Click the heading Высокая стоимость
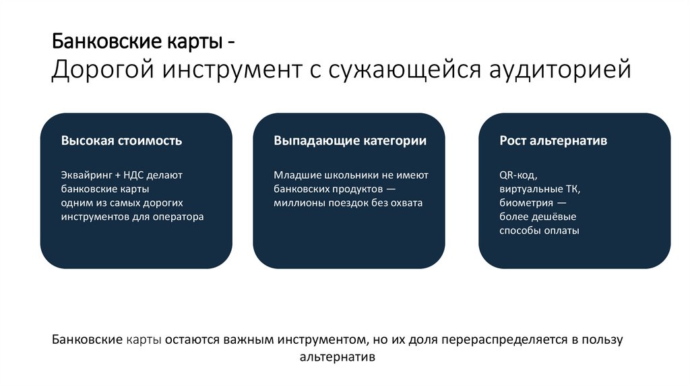click(121, 141)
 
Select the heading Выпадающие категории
click(350, 141)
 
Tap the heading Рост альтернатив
click(553, 141)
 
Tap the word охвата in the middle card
click(405, 203)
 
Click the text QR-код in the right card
click(517, 175)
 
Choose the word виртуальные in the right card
click(532, 189)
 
